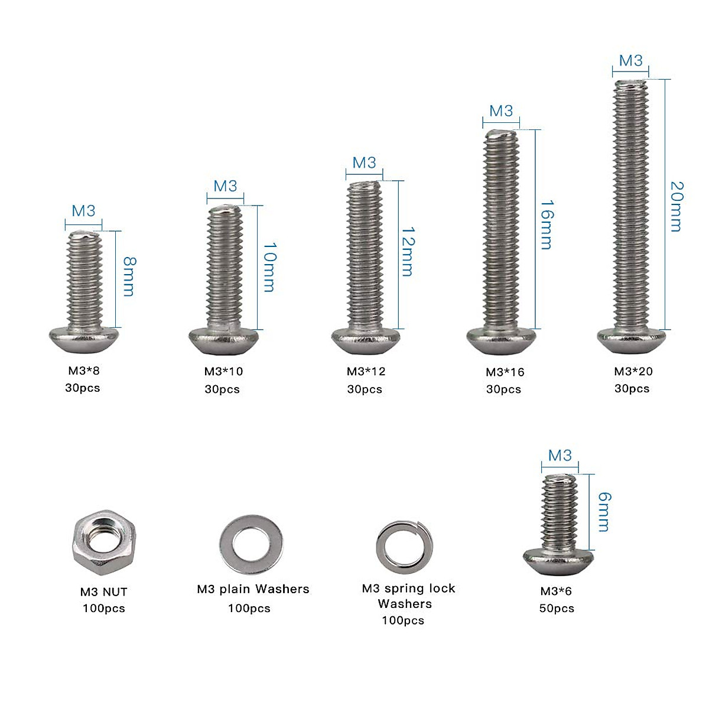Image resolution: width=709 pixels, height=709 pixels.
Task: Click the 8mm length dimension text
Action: (x=128, y=277)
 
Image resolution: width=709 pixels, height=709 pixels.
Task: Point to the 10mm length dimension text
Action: (x=269, y=266)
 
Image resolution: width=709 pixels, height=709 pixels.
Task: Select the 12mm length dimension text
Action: (x=408, y=252)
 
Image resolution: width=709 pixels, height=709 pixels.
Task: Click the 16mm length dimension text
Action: (x=547, y=225)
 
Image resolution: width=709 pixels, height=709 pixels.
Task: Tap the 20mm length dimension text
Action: (x=677, y=207)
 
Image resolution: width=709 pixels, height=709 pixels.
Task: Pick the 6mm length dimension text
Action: (x=604, y=512)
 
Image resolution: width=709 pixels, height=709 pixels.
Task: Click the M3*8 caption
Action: (x=83, y=371)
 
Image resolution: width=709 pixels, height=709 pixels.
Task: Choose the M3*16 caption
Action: (x=505, y=372)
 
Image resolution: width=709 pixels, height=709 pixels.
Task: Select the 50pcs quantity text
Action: (x=556, y=608)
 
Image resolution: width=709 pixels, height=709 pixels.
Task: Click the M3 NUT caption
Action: (x=103, y=591)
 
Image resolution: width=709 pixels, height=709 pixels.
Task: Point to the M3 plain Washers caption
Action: (x=253, y=589)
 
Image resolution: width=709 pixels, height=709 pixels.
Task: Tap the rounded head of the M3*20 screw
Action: (x=631, y=340)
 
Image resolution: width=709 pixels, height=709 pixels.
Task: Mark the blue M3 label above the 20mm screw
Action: (x=630, y=61)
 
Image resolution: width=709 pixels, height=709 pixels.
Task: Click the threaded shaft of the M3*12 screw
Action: (x=365, y=254)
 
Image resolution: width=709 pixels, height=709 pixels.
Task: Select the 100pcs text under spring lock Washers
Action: (x=403, y=620)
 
